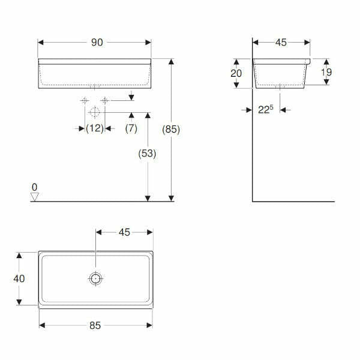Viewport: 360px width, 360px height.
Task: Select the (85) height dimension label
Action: [x=171, y=129]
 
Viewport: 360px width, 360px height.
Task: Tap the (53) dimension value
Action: [x=146, y=153]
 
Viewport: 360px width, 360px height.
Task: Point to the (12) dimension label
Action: [x=94, y=128]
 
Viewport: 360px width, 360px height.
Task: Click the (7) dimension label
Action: [x=131, y=128]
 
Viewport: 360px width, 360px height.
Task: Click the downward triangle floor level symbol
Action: [x=35, y=196]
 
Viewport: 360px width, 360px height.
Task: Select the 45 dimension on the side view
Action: [x=281, y=42]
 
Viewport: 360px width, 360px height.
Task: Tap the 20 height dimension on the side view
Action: [x=236, y=73]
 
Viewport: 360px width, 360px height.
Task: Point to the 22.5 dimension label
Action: [x=266, y=110]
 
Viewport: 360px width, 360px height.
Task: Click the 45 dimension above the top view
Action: [x=124, y=232]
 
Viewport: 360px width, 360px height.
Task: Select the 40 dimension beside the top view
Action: [x=19, y=278]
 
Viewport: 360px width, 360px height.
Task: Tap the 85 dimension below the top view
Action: [x=95, y=325]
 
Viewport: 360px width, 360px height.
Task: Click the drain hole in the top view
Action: [x=95, y=278]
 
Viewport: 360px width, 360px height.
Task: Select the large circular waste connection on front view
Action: [x=94, y=112]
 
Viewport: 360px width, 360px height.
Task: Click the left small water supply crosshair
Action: [x=85, y=100]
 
